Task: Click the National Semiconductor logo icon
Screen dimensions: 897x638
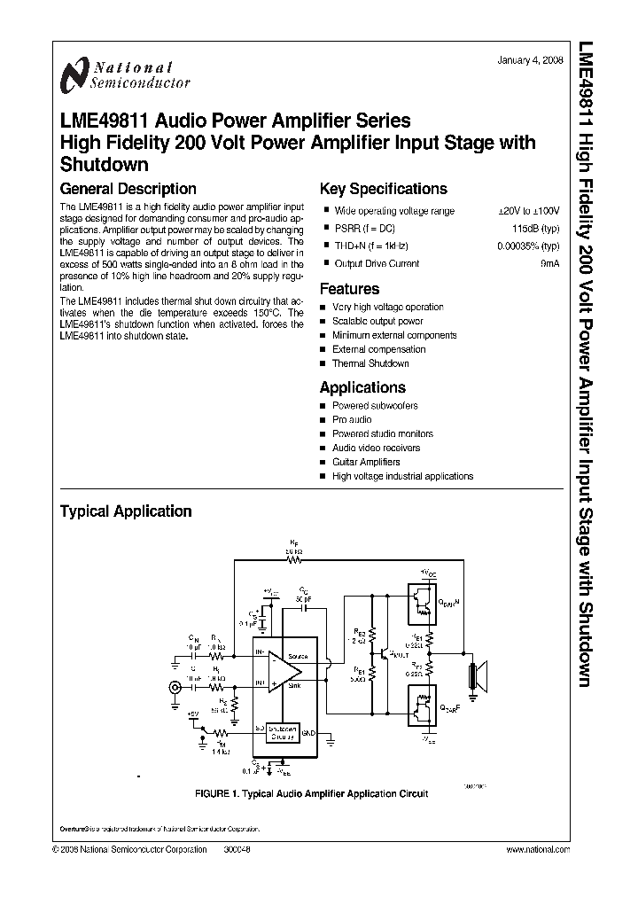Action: pos(74,75)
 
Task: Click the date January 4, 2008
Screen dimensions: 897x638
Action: pos(530,60)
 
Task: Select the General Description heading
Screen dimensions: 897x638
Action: pos(128,189)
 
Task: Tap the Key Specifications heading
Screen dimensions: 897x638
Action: pos(383,189)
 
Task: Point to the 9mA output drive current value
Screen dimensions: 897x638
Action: pos(550,263)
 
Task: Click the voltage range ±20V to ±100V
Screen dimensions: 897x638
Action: pos(529,211)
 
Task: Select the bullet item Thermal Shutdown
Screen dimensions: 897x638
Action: pos(370,363)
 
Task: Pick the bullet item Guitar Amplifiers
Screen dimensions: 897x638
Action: pos(366,462)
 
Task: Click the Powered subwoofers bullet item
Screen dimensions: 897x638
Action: pos(375,405)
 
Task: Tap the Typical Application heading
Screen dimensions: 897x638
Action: pos(125,511)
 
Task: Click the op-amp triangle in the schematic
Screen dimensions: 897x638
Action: pos(279,670)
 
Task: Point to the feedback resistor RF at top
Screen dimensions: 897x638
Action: pos(295,560)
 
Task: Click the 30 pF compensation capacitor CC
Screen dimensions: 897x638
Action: pos(303,607)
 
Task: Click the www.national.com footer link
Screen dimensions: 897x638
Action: pos(537,849)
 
